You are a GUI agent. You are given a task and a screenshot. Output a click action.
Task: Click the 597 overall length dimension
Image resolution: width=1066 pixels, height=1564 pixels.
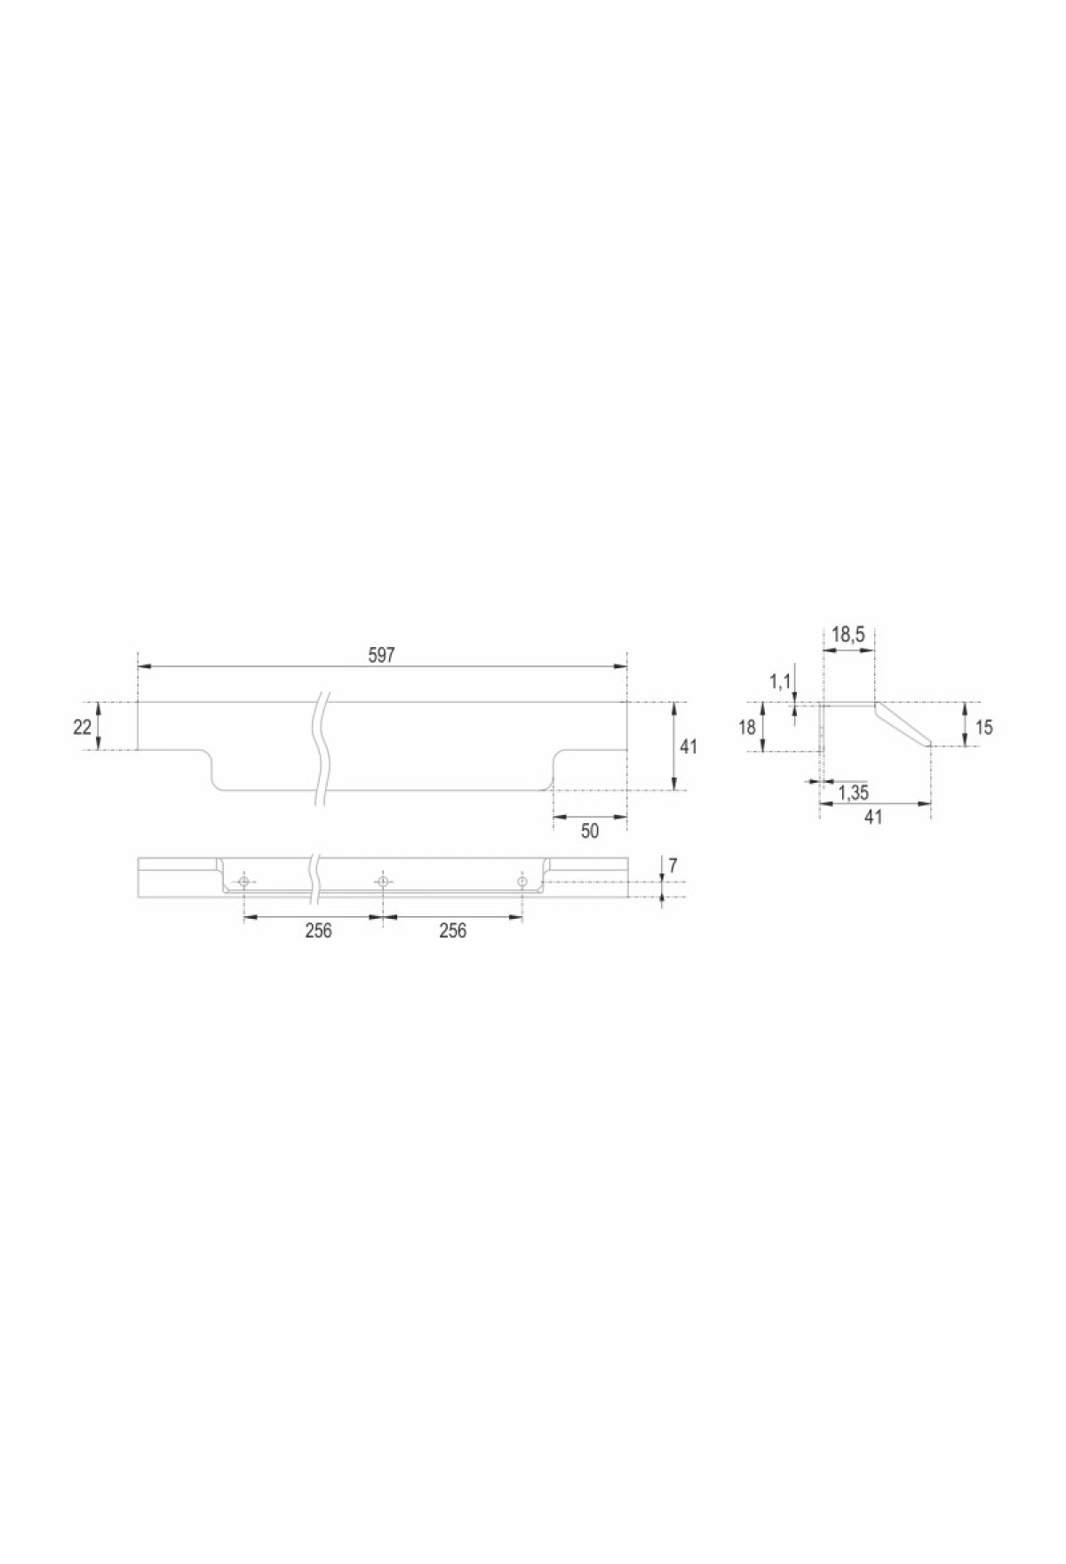point(381,655)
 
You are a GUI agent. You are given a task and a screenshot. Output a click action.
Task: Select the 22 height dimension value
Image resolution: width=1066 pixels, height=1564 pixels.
point(83,727)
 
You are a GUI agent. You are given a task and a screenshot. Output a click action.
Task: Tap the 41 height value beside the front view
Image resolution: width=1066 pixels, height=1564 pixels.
point(688,746)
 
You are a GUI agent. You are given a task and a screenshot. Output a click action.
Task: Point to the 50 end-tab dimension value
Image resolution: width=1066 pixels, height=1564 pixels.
point(590,832)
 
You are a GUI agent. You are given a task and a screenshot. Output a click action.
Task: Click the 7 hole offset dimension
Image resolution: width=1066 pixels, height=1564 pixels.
point(673,865)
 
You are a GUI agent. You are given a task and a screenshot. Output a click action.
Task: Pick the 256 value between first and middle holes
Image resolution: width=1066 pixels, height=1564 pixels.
point(318,930)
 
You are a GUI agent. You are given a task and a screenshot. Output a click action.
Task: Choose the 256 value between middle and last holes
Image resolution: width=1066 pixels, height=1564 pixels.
point(453,930)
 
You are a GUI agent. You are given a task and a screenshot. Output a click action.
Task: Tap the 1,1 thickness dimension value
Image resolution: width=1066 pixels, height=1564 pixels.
point(779,682)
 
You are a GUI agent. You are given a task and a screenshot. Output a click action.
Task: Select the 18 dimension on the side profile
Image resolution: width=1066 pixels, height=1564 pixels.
point(747,727)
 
